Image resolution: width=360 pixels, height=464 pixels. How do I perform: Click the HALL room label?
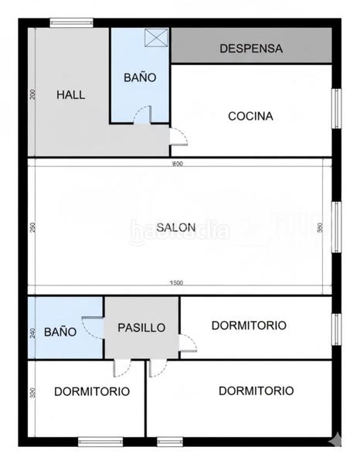click(71, 95)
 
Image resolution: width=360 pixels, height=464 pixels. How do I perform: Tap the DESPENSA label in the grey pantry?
click(251, 48)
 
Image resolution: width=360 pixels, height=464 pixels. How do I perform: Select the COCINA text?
click(250, 116)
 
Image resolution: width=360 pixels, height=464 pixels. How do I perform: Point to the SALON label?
click(175, 227)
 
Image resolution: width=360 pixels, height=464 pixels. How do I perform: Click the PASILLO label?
click(141, 327)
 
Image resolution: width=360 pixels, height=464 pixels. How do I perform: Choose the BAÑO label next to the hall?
click(140, 77)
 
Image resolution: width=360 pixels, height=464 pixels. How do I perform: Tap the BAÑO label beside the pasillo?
click(59, 332)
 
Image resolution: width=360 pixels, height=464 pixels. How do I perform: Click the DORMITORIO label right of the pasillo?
click(249, 325)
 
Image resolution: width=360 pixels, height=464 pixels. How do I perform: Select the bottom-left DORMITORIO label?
click(91, 391)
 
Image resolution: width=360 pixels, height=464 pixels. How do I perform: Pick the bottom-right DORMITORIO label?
click(256, 391)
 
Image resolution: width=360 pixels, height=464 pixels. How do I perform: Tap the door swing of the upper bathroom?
click(141, 115)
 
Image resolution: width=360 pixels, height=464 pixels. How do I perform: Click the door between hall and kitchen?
click(178, 135)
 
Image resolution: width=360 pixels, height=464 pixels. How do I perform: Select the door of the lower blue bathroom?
click(93, 329)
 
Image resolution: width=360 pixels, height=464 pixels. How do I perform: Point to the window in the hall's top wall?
click(71, 23)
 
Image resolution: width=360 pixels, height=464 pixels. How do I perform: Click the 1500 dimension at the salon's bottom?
click(176, 283)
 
